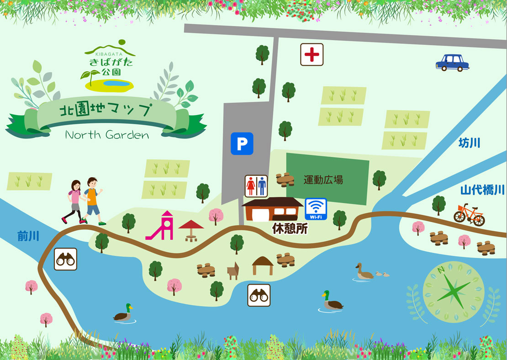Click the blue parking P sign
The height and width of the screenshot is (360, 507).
[x=242, y=144]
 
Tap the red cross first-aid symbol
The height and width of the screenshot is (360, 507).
[x=312, y=55]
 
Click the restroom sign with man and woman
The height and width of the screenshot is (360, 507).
[x=256, y=186]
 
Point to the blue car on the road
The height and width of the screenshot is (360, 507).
[x=452, y=63]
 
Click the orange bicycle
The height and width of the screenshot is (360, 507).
[x=469, y=214]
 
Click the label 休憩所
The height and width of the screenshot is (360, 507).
[x=290, y=229]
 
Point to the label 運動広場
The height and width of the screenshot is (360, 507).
[x=323, y=180]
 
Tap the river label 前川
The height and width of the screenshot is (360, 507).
[x=28, y=236]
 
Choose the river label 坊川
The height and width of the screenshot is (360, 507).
[x=469, y=143]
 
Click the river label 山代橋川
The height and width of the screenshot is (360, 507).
[x=482, y=190]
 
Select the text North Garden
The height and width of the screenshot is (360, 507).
[x=107, y=135]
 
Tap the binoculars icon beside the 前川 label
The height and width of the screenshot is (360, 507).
[x=65, y=259]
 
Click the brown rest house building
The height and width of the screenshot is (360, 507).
[x=273, y=209]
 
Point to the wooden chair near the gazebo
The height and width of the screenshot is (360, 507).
[x=233, y=270]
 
